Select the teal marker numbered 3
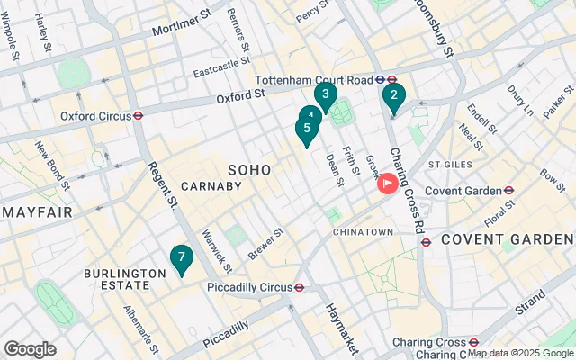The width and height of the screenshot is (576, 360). [x=325, y=94]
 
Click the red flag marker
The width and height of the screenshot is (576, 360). [x=389, y=184]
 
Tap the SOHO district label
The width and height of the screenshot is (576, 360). [x=249, y=169]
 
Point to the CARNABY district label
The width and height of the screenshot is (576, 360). [x=211, y=186]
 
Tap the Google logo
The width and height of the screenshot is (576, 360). [x=30, y=348]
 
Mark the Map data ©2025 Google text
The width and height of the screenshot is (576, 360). [x=520, y=354]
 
